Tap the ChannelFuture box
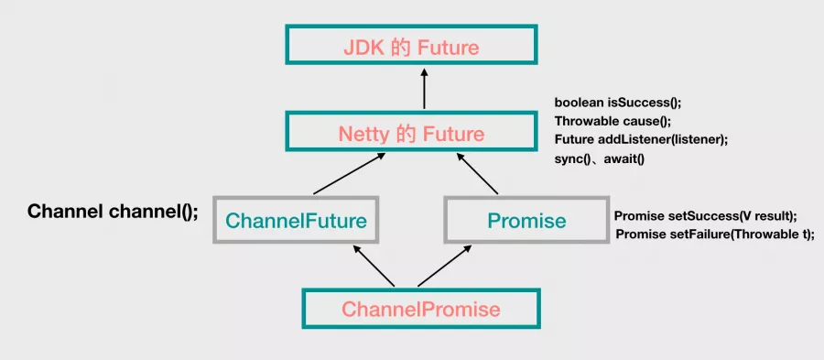[295, 220]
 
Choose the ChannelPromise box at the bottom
[421, 309]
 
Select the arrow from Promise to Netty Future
[477, 174]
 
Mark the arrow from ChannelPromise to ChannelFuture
[374, 265]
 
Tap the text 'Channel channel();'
[113, 212]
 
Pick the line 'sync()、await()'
[601, 158]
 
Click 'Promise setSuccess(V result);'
[705, 216]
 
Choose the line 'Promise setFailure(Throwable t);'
[714, 235]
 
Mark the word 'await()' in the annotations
[624, 158]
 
